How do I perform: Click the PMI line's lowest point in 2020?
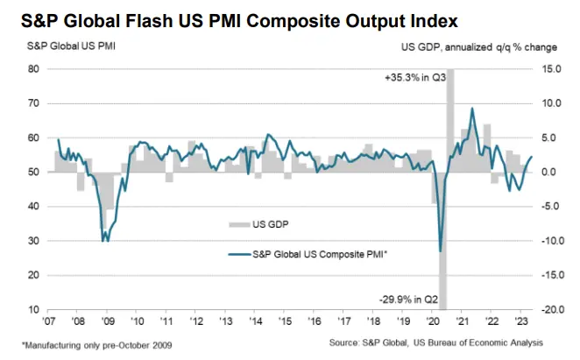point(440,251)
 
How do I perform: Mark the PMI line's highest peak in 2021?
point(472,109)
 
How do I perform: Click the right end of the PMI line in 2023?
point(531,157)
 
